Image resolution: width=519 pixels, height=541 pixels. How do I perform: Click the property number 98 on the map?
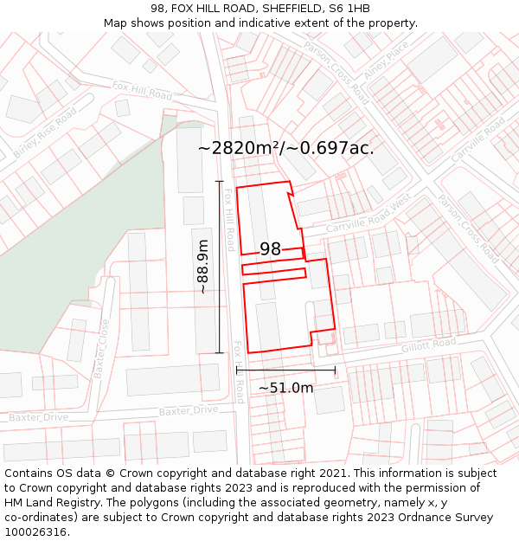[x=270, y=249]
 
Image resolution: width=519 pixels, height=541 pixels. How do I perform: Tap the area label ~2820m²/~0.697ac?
[x=285, y=148]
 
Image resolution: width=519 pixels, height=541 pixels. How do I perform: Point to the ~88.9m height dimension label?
[x=203, y=267]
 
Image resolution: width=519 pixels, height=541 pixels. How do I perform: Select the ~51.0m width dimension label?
[x=285, y=388]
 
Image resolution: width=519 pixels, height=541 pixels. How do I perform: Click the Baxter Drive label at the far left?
[x=38, y=417]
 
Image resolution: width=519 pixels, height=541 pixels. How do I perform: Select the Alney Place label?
[x=385, y=65]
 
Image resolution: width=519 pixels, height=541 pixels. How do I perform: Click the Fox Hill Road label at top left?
[x=142, y=89]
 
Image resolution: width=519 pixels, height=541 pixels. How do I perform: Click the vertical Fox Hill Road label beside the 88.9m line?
[x=230, y=221]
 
